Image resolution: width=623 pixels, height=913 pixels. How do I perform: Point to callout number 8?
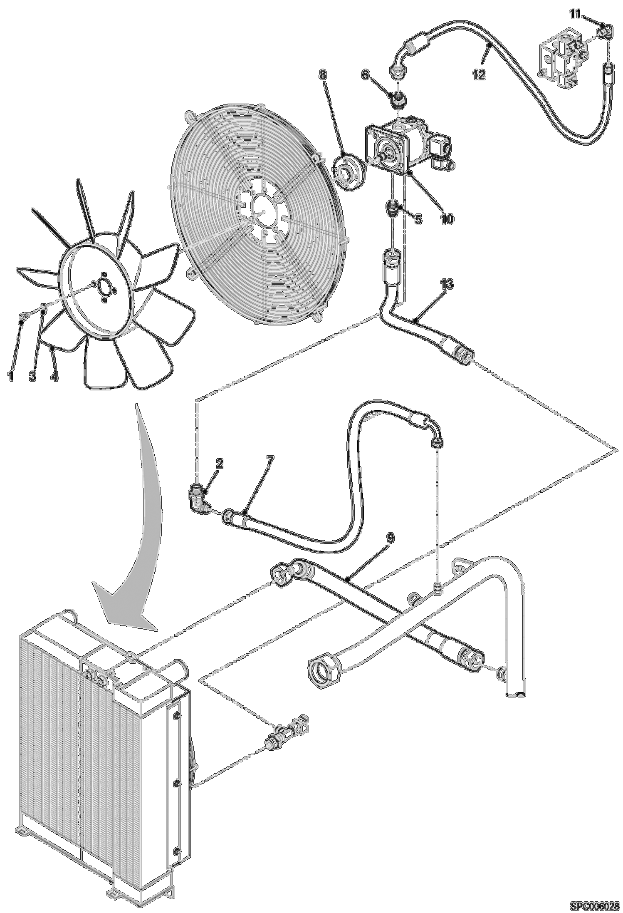pos(323,75)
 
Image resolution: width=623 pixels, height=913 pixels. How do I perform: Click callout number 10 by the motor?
pos(447,219)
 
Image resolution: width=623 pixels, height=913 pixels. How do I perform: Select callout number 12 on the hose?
pos(479,75)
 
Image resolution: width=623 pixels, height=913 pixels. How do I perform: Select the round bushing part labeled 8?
pos(349,172)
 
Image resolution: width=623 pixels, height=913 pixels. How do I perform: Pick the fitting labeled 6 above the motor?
pos(397,99)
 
